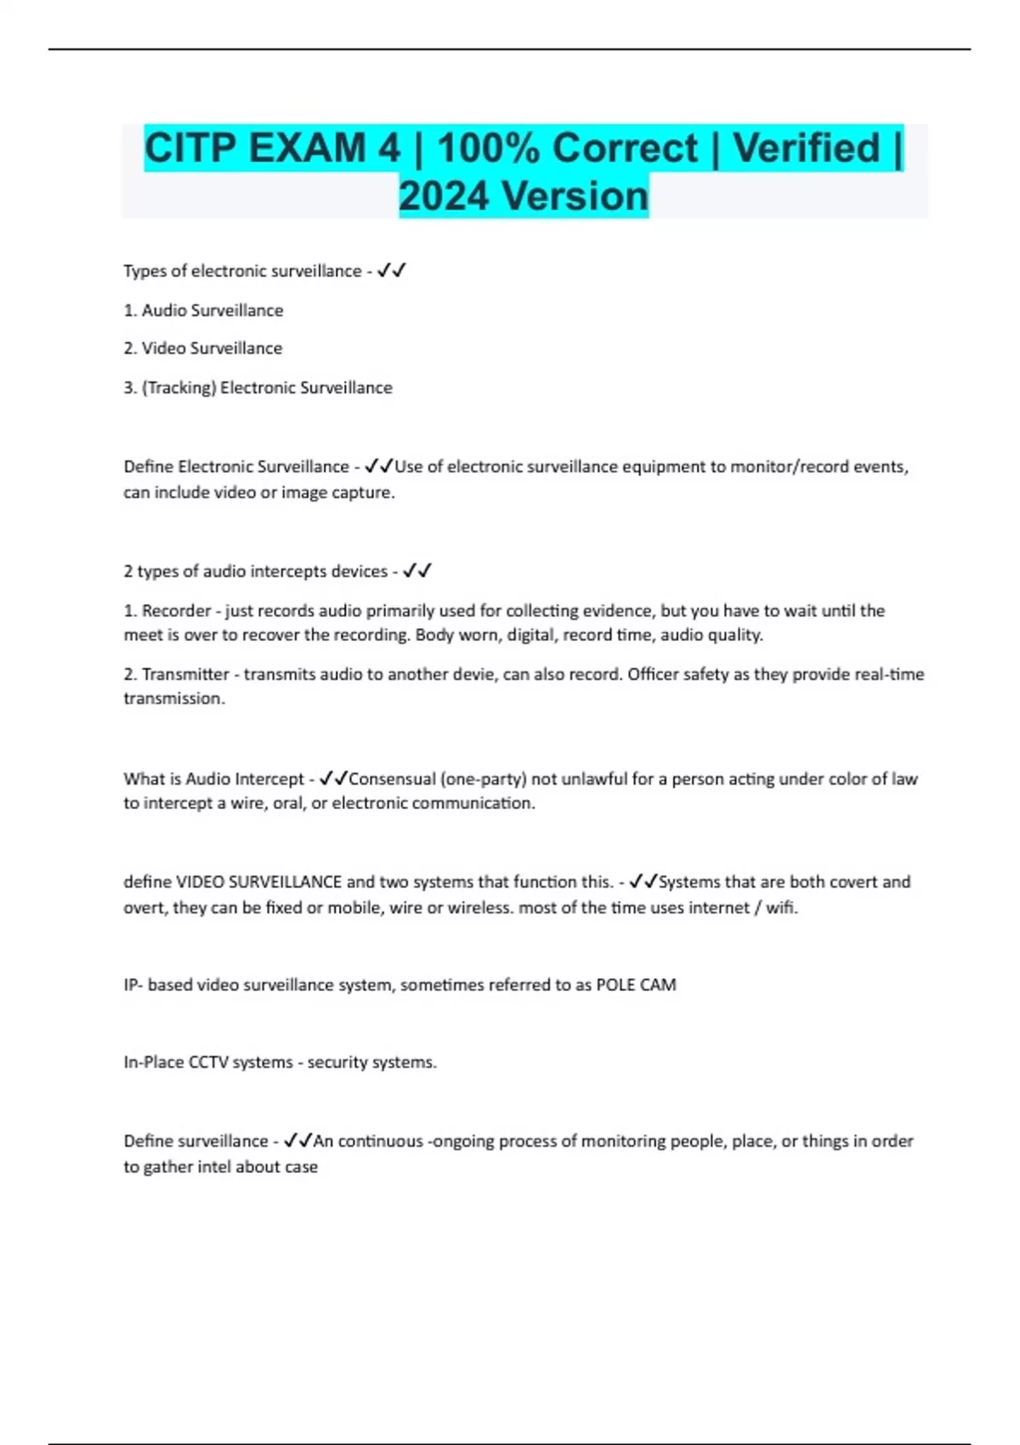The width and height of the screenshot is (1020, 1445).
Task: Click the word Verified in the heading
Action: [806, 149]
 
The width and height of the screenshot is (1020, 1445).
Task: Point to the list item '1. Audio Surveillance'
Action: [203, 310]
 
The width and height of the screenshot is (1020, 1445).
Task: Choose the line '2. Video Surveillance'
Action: [202, 348]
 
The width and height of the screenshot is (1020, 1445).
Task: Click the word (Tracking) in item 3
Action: [178, 388]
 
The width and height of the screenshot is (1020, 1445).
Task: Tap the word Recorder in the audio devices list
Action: [176, 611]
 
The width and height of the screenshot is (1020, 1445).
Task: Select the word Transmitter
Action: [185, 675]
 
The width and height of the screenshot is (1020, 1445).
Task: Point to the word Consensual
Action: [392, 779]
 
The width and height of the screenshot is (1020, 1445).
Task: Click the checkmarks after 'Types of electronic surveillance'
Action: [391, 271]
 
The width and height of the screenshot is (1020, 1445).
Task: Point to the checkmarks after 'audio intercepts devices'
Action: [416, 571]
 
